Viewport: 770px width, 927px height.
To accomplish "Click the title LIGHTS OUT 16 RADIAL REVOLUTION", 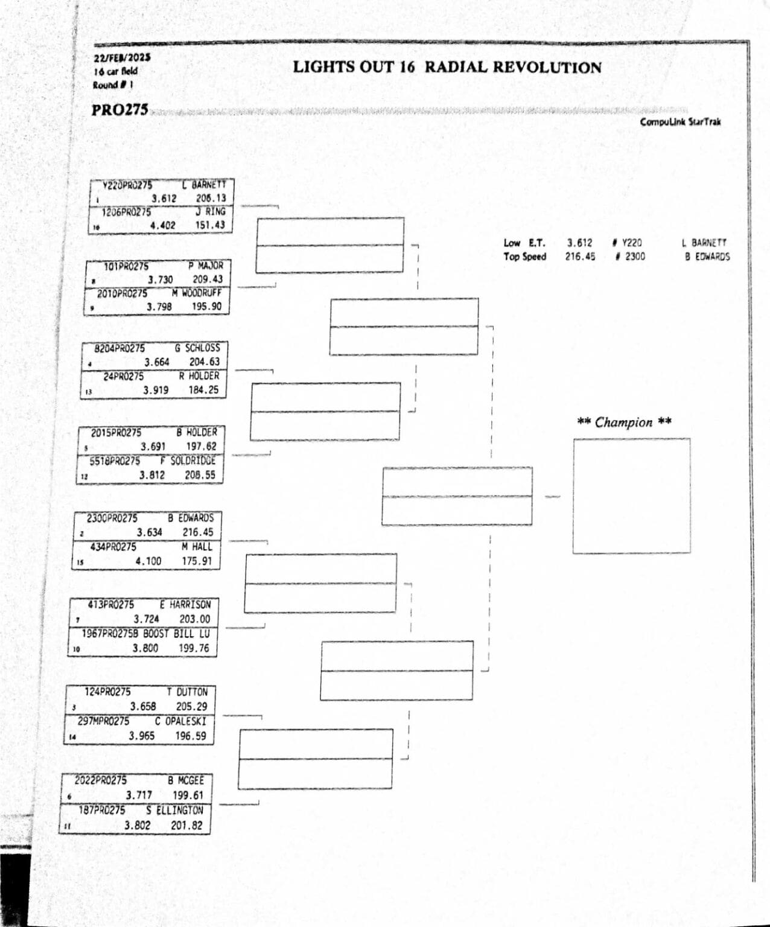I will [447, 67].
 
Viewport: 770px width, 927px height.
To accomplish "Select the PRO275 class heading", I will [119, 110].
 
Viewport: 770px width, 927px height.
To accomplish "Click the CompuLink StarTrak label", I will [680, 122].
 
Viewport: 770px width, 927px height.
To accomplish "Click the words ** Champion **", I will [624, 422].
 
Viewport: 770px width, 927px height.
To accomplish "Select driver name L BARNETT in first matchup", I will [205, 185].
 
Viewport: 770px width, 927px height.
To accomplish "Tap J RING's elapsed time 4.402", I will [162, 225].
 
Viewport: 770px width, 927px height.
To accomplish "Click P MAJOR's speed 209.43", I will [207, 279].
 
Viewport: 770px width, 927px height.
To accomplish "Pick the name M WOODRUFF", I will [196, 293].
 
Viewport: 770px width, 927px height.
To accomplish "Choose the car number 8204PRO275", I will [119, 348].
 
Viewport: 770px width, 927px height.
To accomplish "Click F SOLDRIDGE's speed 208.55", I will [199, 475].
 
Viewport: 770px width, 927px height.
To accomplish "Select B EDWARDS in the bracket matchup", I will [191, 518].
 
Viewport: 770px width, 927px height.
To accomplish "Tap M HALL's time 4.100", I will [148, 561].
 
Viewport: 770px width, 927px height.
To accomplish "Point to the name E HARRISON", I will [185, 604].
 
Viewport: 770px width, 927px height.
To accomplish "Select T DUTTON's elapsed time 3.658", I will [143, 706].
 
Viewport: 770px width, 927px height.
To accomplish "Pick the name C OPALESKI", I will [180, 721].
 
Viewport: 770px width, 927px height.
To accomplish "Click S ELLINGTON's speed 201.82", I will [186, 825].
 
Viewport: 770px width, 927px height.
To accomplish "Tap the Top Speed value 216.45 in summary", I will [579, 256].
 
